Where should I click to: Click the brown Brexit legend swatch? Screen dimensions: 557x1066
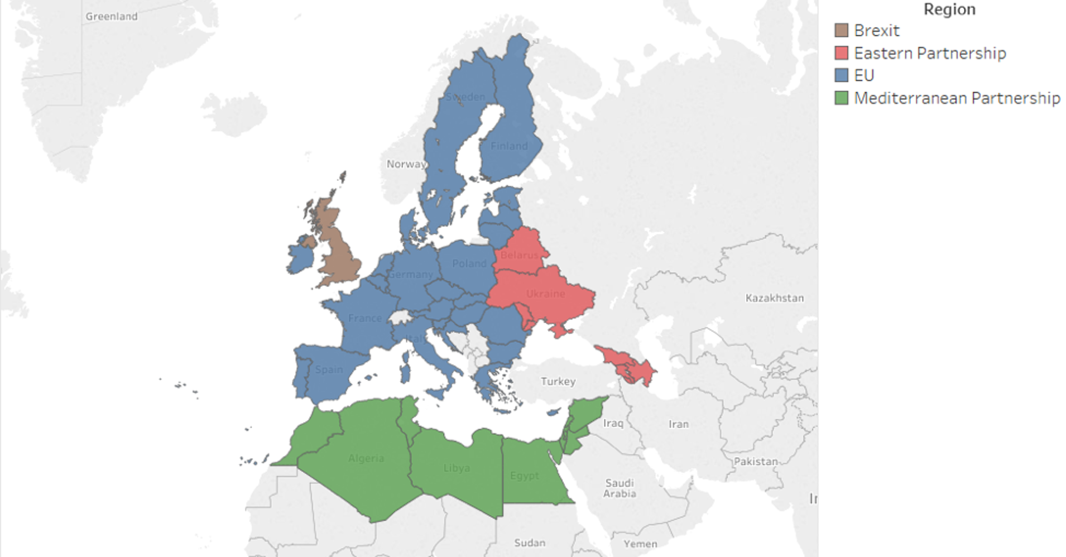coord(841,30)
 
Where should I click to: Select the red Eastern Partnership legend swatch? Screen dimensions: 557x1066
coord(841,53)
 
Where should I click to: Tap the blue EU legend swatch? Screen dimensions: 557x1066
coord(841,75)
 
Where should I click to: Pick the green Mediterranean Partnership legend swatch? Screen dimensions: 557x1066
coord(841,98)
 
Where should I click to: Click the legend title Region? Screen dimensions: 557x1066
coord(949,9)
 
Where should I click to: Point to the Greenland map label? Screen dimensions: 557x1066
coord(112,16)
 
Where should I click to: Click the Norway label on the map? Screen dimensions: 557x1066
coord(406,164)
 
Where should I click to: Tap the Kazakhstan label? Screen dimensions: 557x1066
coord(775,298)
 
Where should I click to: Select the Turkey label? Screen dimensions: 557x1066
coord(558,381)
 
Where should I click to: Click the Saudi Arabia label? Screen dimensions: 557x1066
coord(620,488)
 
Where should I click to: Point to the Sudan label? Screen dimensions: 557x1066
coord(530,542)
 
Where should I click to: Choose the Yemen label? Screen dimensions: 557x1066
coord(640,544)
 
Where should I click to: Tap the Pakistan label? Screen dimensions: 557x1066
coord(756,462)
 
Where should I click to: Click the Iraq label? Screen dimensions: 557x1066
coord(613,423)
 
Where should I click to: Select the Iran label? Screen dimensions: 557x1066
coord(679,424)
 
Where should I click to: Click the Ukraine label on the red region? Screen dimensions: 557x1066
coord(545,294)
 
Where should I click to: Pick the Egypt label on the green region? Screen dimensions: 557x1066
coord(525,476)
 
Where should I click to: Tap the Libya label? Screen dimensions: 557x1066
coord(457,468)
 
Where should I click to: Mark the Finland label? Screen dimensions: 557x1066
coord(509,146)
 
